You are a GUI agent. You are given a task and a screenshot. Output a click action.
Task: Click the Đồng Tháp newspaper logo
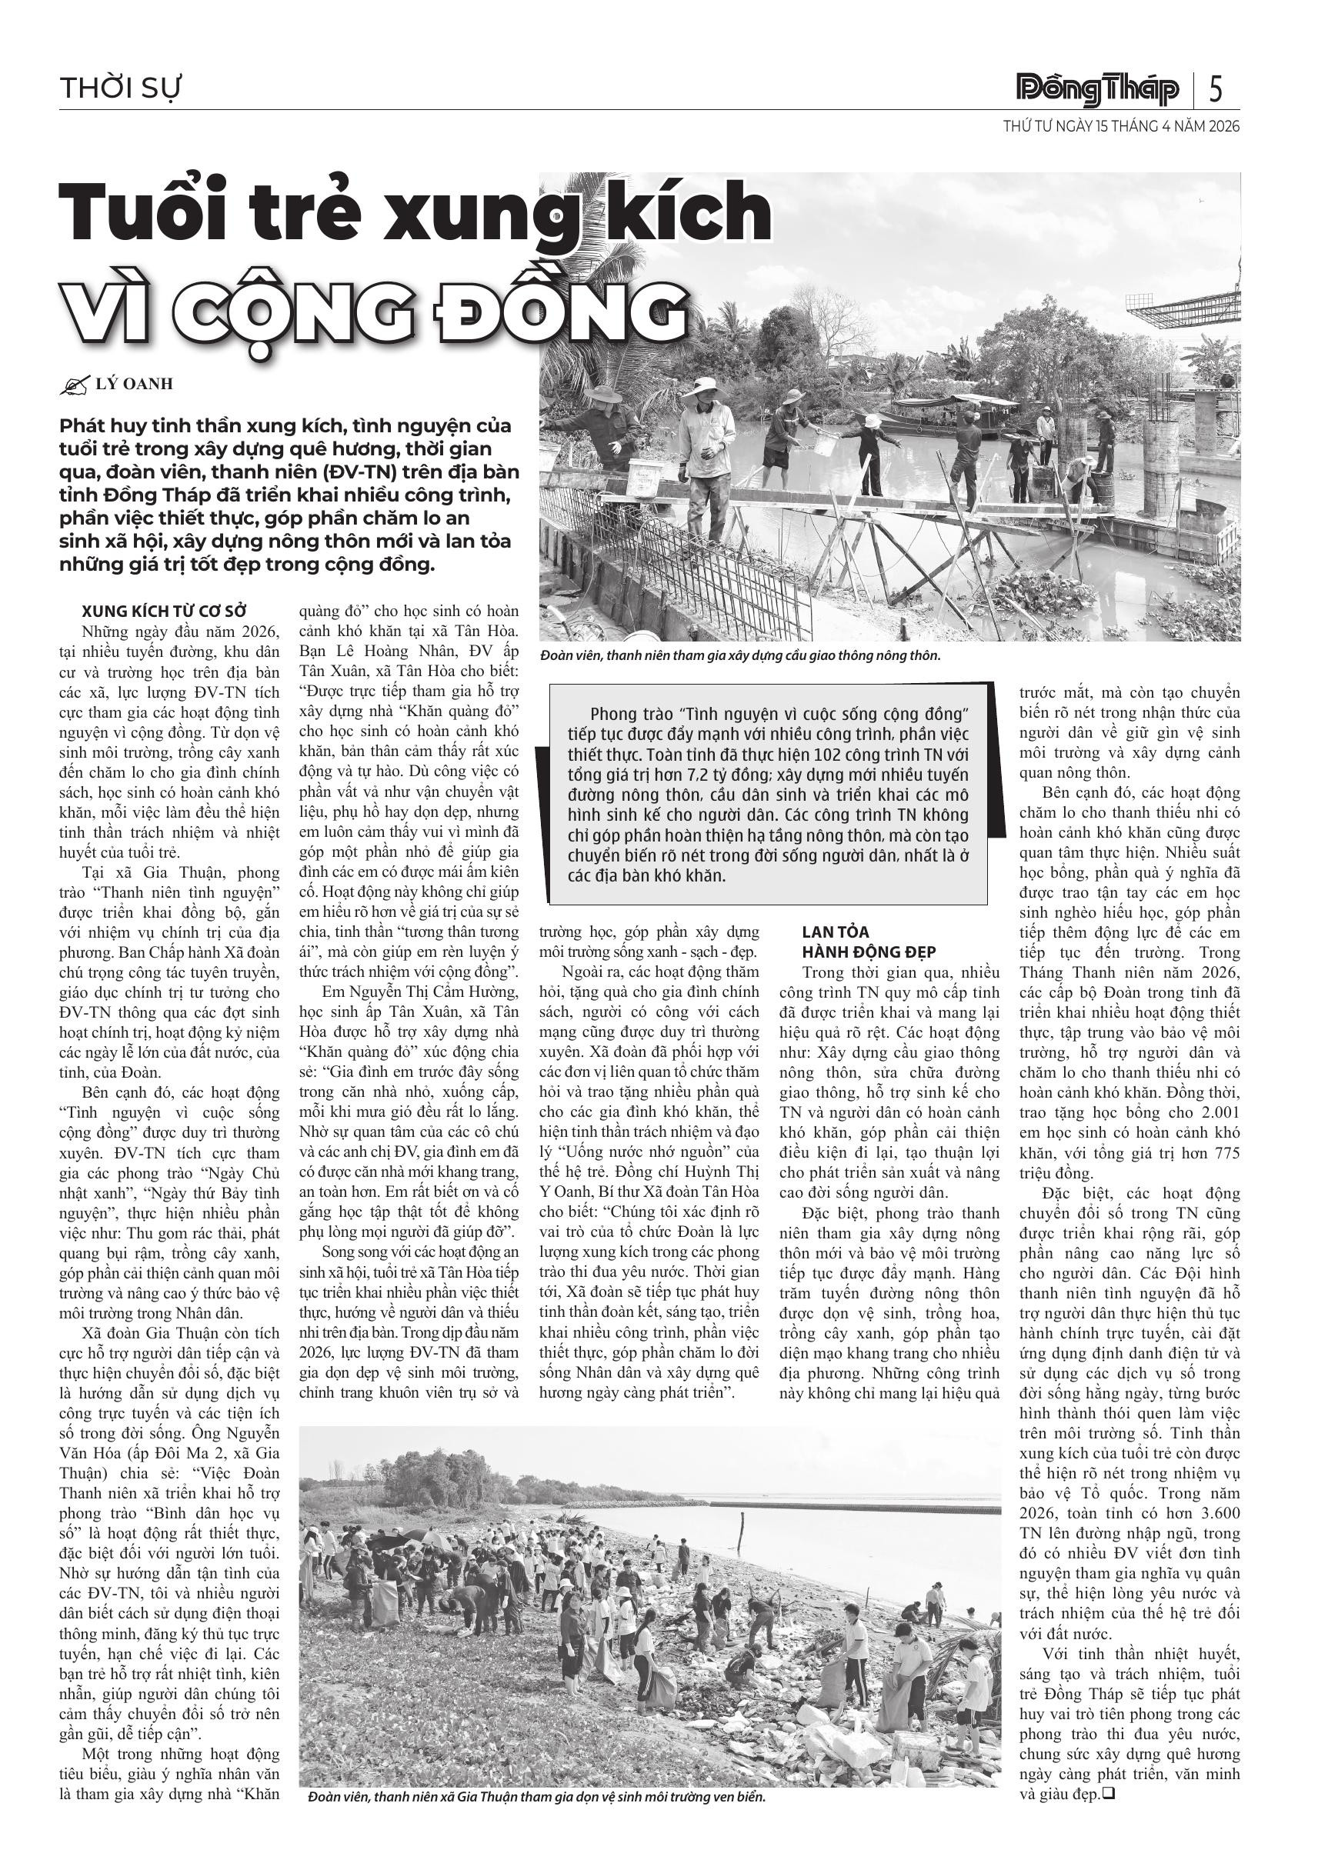(1098, 88)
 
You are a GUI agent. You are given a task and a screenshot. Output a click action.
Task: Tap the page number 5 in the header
(1215, 88)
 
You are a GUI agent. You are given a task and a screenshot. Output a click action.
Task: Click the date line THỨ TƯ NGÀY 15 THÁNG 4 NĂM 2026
(1121, 127)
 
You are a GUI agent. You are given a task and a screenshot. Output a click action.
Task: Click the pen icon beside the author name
(74, 385)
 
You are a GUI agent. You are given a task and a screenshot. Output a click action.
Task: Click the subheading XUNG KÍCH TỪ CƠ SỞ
(164, 611)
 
